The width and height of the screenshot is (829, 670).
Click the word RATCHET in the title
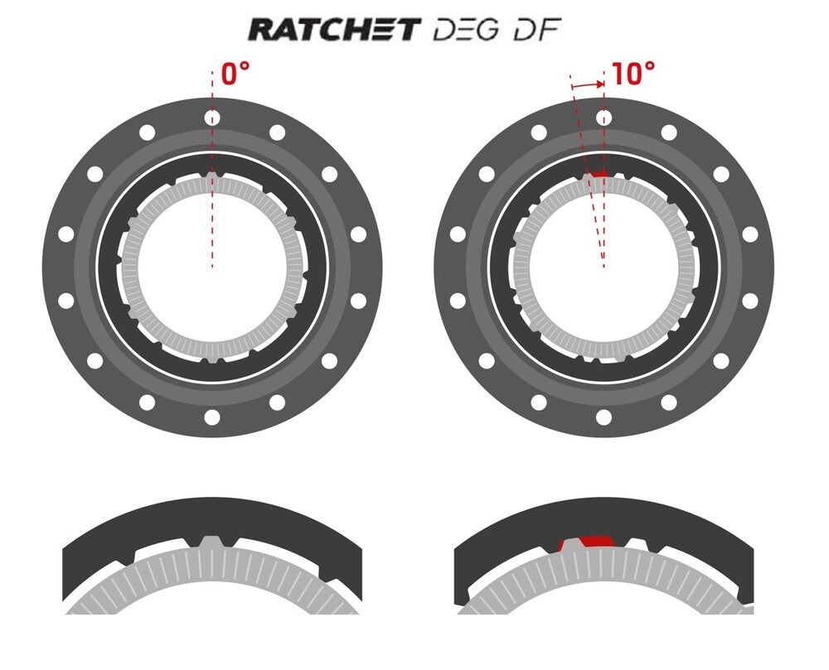[x=335, y=29]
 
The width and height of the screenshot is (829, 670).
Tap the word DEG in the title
[x=465, y=30]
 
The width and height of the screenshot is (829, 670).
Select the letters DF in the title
[x=536, y=30]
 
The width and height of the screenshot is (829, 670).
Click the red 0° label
[x=235, y=74]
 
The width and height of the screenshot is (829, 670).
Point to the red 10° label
[x=633, y=74]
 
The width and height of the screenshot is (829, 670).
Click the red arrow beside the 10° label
[x=588, y=84]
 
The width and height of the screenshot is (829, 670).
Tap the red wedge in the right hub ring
[x=599, y=174]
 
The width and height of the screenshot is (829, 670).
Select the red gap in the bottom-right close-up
[x=596, y=541]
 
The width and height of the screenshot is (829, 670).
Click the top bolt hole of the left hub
[x=212, y=118]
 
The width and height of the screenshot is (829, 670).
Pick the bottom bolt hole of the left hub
[x=212, y=417]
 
